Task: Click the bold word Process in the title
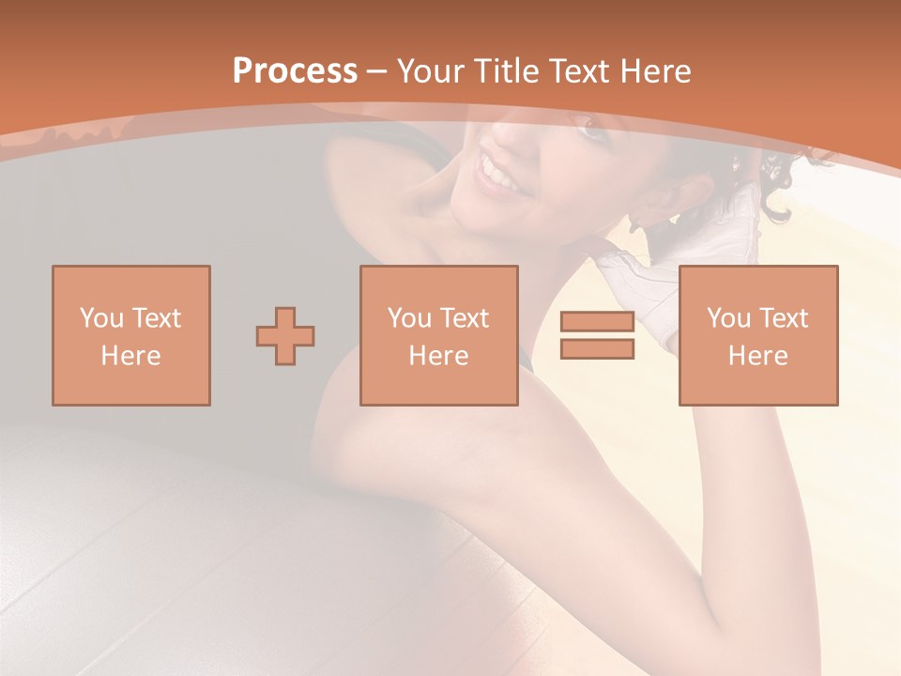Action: click(295, 71)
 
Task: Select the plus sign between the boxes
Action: click(285, 335)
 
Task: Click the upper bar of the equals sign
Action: click(597, 321)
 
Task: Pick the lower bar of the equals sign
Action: click(597, 349)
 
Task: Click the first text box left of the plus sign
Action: click(131, 335)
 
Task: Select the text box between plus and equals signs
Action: click(438, 335)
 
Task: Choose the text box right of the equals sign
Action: click(757, 335)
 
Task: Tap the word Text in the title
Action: click(576, 71)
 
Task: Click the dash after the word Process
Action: click(377, 71)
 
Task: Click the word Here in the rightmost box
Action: click(757, 356)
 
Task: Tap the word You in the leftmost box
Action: click(100, 318)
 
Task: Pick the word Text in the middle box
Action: click(465, 318)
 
